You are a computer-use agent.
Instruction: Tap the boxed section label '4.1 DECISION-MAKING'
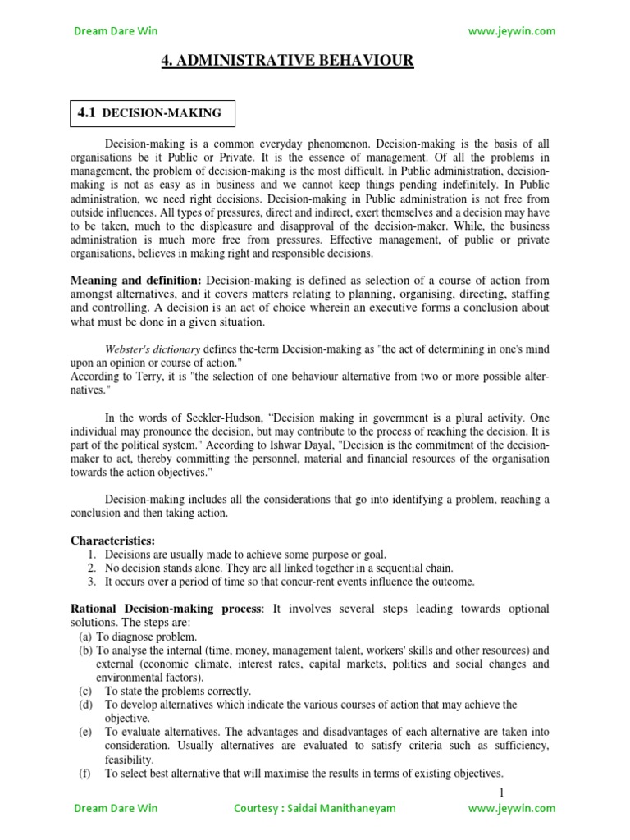(150, 113)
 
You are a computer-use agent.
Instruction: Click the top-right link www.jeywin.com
(511, 31)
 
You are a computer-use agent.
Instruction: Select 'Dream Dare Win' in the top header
(116, 31)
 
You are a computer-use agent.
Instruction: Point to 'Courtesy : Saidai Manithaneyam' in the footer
(314, 808)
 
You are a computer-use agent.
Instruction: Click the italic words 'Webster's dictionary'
(153, 349)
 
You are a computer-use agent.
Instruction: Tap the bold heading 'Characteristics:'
(112, 541)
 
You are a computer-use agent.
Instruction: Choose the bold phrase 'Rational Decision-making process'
(164, 609)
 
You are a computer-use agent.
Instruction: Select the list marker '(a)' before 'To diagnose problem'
(84, 637)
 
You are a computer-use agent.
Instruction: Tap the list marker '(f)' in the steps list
(84, 774)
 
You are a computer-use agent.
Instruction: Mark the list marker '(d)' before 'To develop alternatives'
(85, 705)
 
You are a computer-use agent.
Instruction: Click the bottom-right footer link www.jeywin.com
(511, 808)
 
